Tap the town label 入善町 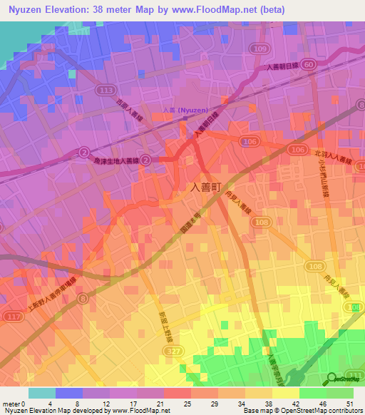tap(210, 187)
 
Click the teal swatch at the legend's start tap(42, 393)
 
